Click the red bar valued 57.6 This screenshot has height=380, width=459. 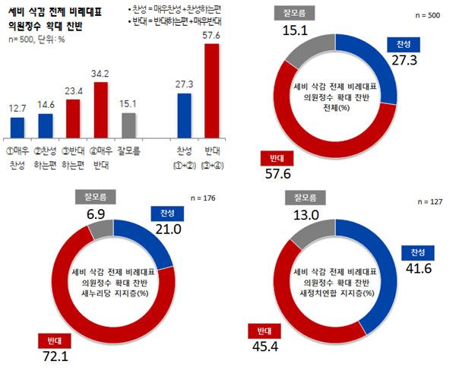pos(211,90)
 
